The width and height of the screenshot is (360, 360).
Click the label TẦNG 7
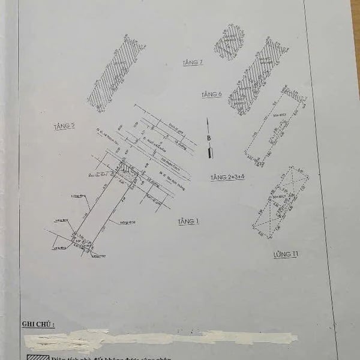tap(193, 62)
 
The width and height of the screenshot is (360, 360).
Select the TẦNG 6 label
tap(212, 95)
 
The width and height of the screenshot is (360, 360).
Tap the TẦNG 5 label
tap(64, 125)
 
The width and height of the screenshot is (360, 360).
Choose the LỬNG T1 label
tap(285, 254)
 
